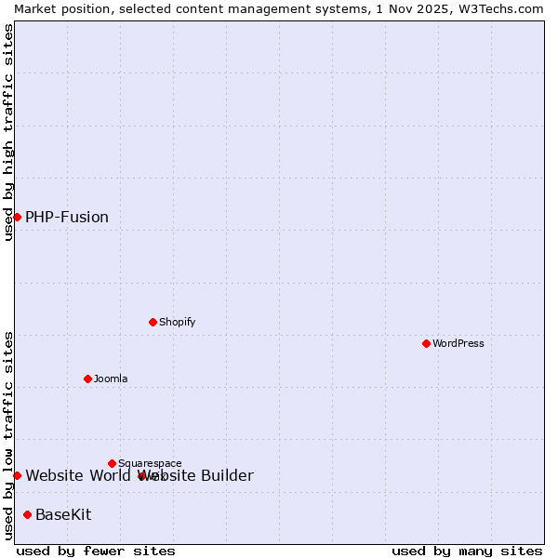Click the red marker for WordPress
click(x=427, y=343)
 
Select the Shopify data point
click(x=153, y=322)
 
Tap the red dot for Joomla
click(x=88, y=379)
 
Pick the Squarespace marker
click(x=113, y=463)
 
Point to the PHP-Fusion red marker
click(x=17, y=217)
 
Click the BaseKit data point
click(x=28, y=514)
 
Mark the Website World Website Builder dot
click(x=17, y=475)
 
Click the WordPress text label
click(x=458, y=343)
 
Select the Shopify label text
click(x=177, y=322)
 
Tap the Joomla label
click(x=111, y=379)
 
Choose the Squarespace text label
click(x=150, y=463)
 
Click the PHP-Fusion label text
click(x=67, y=217)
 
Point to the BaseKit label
click(x=63, y=514)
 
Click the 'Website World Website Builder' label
click(x=139, y=476)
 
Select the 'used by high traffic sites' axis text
click(x=9, y=132)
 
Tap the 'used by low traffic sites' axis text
click(x=9, y=435)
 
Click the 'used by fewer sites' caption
click(x=96, y=551)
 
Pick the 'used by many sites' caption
click(x=467, y=551)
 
